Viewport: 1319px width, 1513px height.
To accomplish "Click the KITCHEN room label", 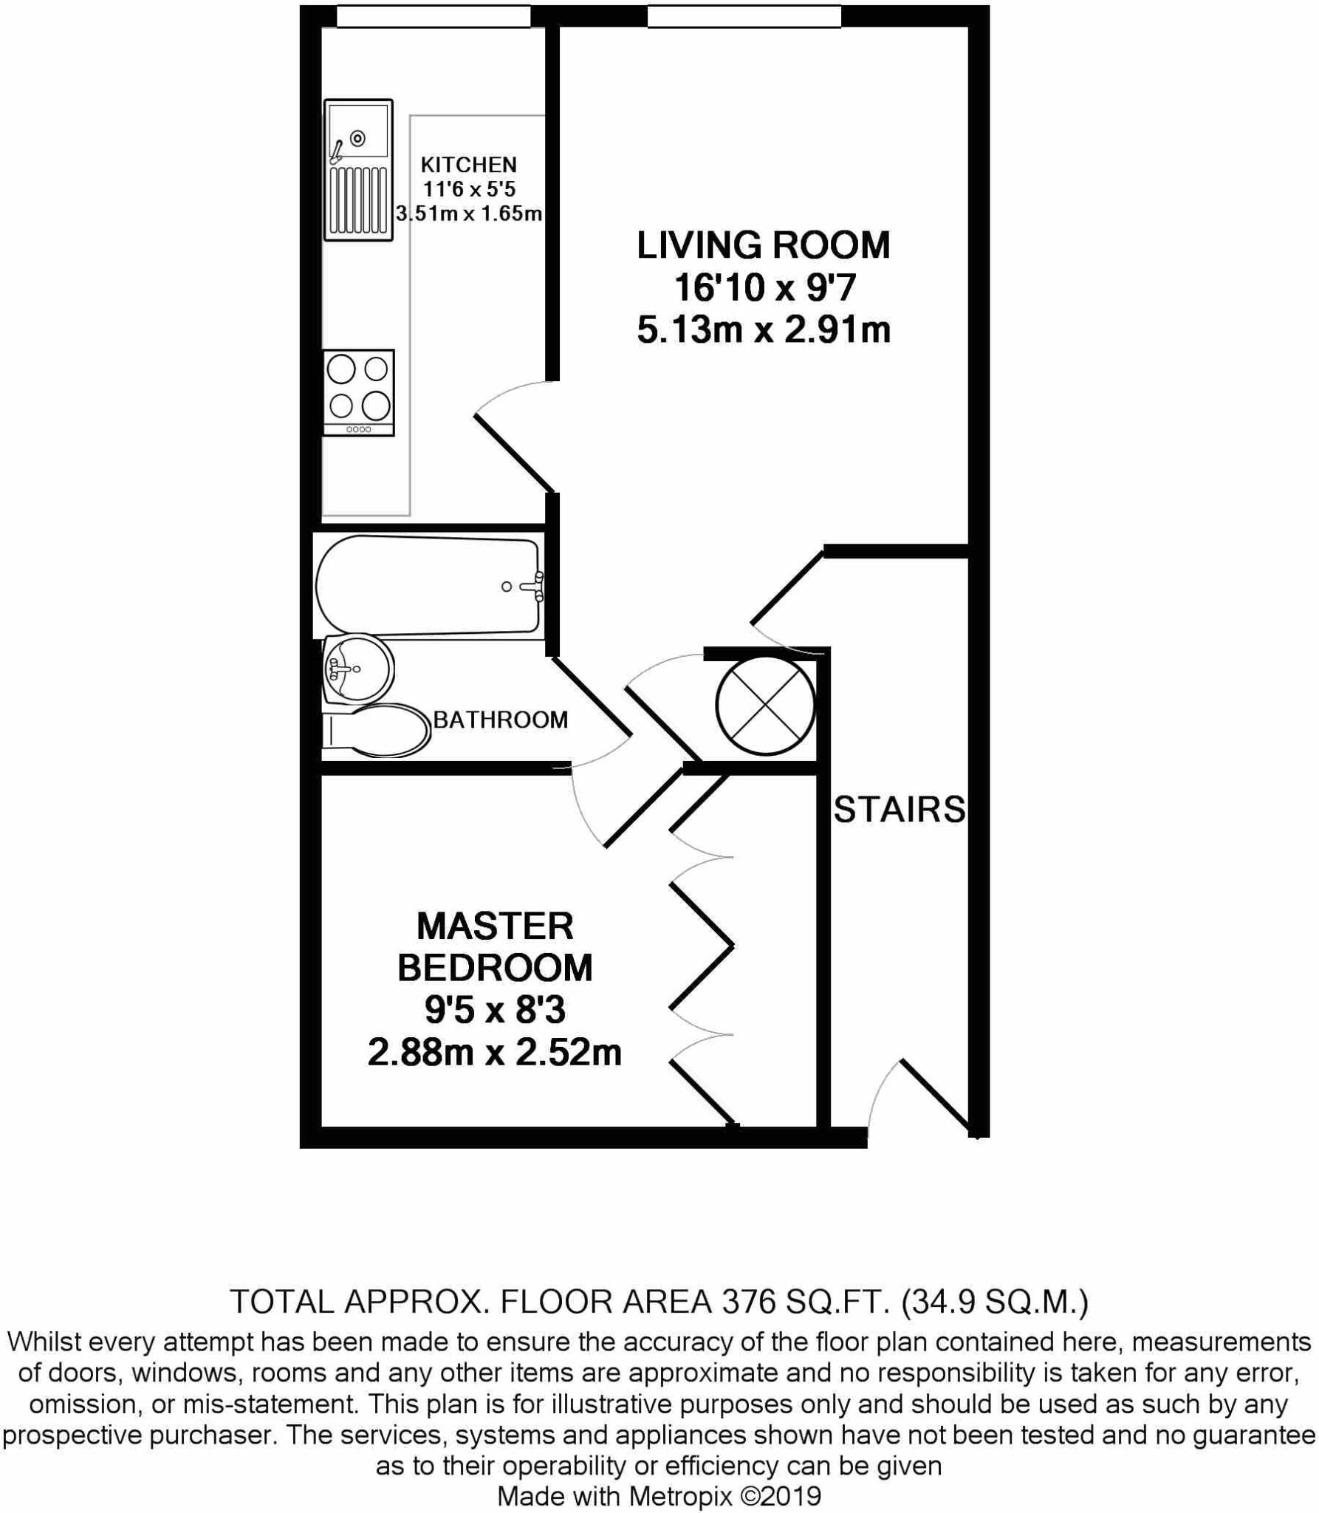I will coord(468,165).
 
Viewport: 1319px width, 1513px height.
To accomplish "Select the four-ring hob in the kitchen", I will coord(358,392).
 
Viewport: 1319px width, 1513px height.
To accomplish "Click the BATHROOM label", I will coord(500,720).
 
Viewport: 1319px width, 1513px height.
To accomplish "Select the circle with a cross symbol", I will coord(765,705).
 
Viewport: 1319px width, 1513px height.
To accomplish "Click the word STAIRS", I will coord(899,810).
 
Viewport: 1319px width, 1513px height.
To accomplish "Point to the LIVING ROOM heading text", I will coord(764,245).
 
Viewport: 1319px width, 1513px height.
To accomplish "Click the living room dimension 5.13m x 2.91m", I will coord(764,330).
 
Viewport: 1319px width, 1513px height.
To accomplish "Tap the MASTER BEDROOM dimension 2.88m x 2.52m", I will coord(494,1053).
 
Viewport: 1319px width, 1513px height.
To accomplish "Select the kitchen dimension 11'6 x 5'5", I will coord(469,190).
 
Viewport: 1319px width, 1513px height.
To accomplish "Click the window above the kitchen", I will coord(434,17).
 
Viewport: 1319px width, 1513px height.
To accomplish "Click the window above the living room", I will coord(744,17).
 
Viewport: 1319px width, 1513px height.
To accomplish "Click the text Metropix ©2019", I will coord(724,1496).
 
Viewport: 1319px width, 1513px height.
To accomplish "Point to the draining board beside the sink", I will coord(358,199).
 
